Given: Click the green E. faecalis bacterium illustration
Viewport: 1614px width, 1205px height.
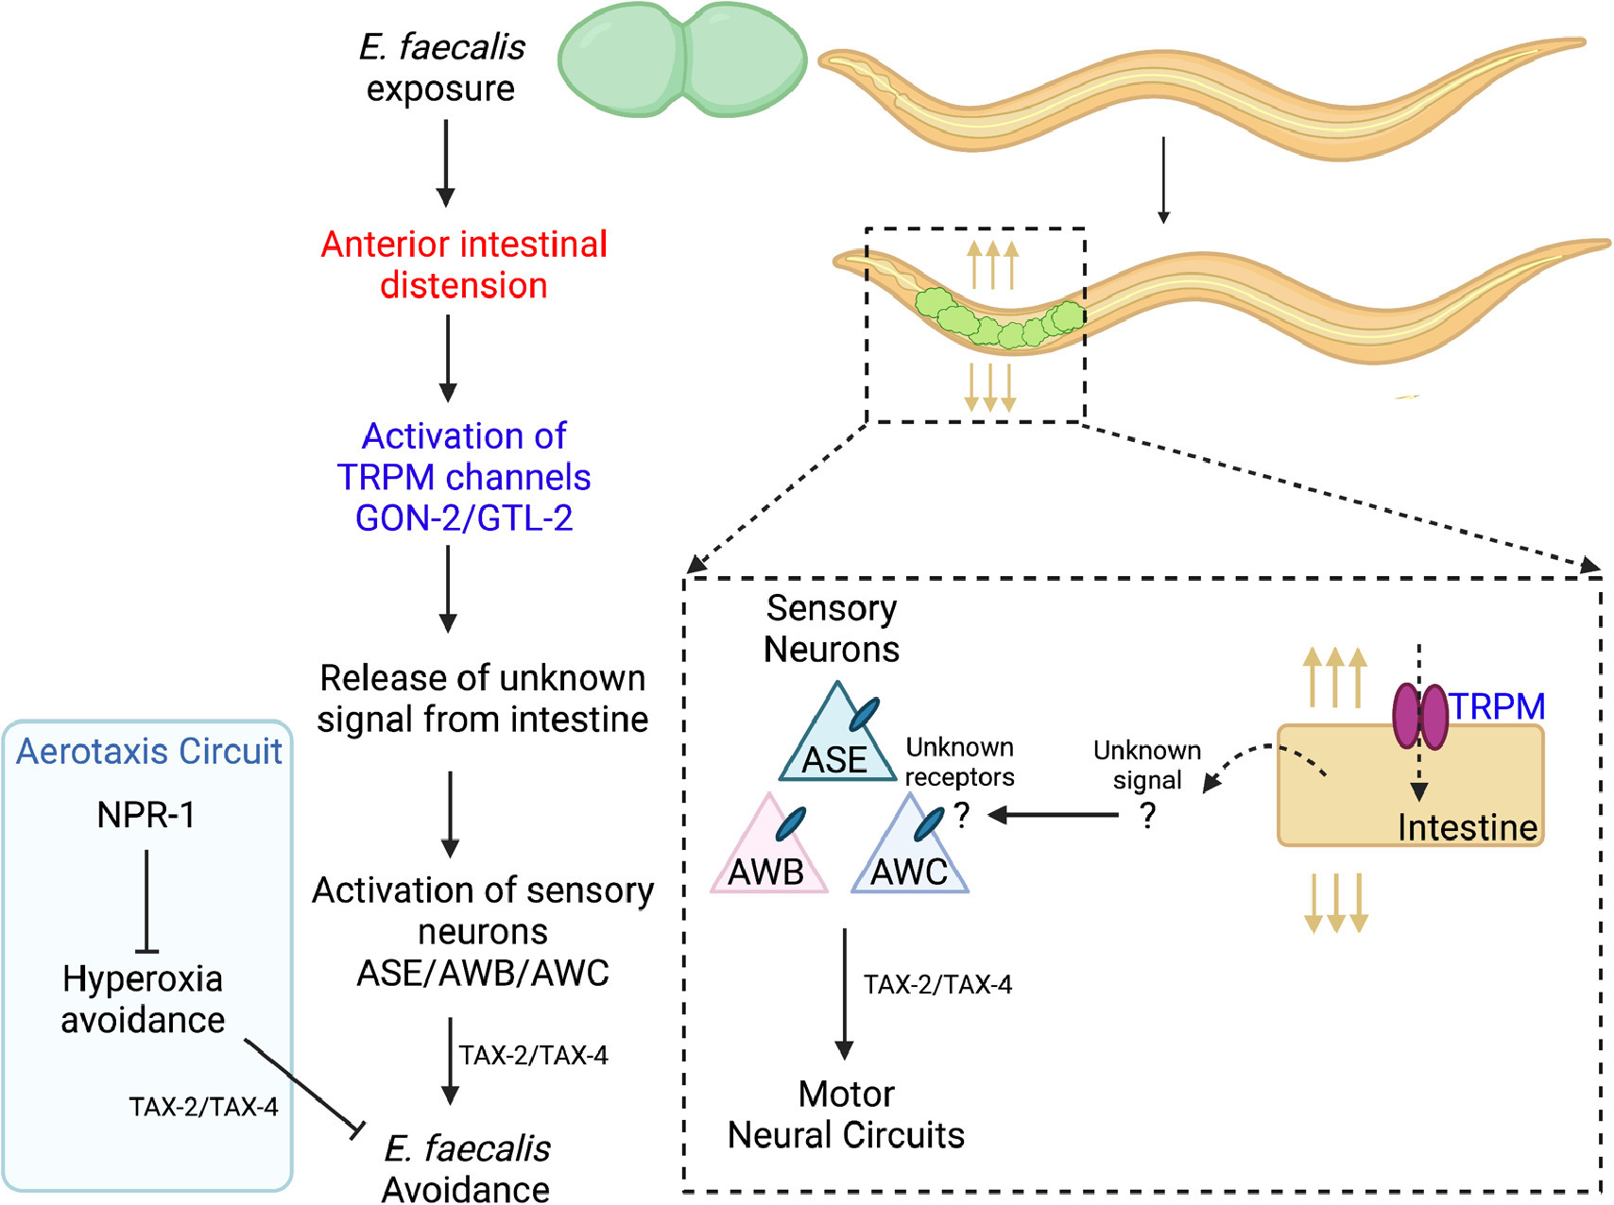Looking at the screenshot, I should (x=682, y=59).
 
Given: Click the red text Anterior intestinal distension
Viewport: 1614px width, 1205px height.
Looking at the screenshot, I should (x=464, y=264).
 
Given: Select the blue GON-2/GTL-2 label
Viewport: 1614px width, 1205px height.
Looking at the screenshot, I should (x=464, y=518).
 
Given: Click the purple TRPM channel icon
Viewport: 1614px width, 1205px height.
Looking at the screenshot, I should (x=1420, y=717).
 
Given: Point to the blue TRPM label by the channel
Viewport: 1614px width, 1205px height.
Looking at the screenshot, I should (x=1497, y=706).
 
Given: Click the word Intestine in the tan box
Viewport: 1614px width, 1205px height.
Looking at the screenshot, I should (x=1468, y=827).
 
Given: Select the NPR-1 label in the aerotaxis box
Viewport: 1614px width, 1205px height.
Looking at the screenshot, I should (x=146, y=815).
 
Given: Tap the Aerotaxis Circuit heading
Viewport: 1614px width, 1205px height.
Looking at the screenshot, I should (x=149, y=752).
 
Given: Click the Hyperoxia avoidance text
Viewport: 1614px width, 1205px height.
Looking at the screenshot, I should (x=143, y=999).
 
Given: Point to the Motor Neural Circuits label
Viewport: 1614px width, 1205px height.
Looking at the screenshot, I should (x=846, y=1114).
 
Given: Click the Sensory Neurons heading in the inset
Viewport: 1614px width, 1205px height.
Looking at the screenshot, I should (x=832, y=629).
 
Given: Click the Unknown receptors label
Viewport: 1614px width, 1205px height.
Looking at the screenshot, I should (x=959, y=762).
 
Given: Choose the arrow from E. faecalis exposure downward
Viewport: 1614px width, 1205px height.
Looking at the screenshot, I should (x=445, y=161).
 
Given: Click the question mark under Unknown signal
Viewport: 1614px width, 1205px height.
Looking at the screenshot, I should (x=1147, y=815).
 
